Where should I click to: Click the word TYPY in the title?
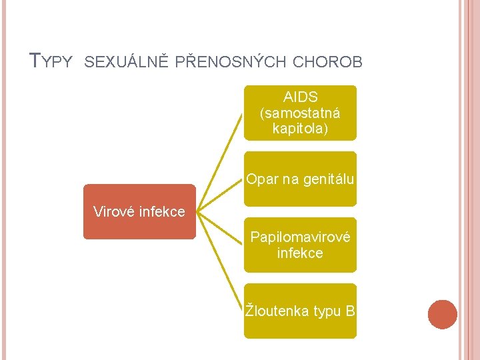point(51,61)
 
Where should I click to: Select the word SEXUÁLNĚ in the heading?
point(128,62)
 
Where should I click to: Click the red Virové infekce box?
point(139,212)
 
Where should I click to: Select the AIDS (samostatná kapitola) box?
point(300,113)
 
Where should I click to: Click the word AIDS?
point(301,97)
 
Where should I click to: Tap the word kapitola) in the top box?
point(301,128)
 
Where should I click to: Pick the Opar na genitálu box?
point(300,179)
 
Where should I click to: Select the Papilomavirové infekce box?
point(300,245)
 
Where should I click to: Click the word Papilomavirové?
point(300,237)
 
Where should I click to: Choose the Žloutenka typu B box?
point(300,311)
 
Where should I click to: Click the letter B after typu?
point(350,311)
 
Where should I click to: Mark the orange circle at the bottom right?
point(443,315)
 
